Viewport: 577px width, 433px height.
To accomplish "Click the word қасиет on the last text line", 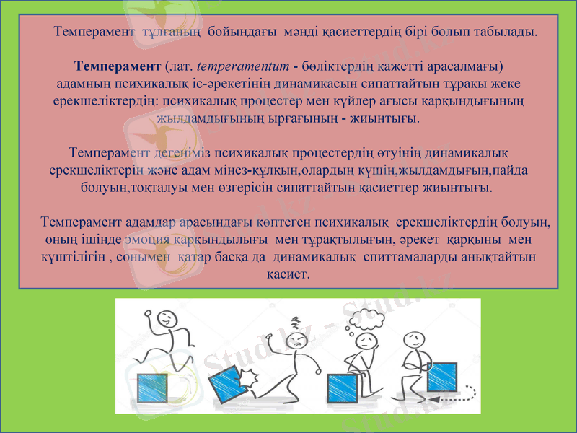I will pos(288,275).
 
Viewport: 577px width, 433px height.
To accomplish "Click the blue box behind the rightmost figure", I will pos(441,377).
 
